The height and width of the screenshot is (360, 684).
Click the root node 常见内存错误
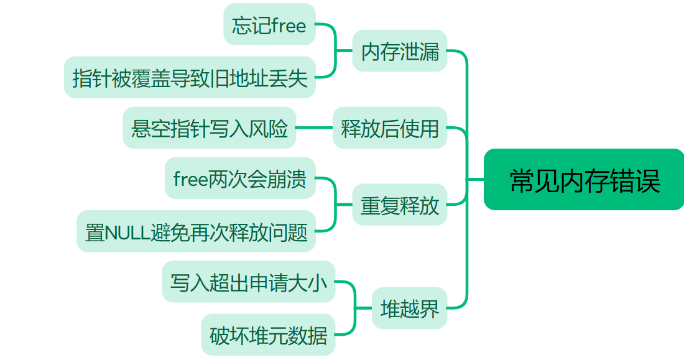tap(584, 180)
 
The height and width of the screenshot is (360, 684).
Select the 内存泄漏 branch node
tap(400, 51)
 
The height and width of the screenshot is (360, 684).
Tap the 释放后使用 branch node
tap(390, 128)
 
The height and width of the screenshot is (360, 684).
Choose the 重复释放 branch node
tap(400, 205)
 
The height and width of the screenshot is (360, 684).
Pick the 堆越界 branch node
tap(409, 308)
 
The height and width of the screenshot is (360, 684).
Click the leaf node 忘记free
tap(269, 25)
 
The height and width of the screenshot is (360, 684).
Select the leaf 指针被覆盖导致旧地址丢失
tap(190, 78)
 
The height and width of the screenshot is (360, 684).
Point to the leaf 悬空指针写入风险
tap(210, 128)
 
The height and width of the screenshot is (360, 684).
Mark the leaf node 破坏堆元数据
tap(268, 335)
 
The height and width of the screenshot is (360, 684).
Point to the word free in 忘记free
tap(289, 25)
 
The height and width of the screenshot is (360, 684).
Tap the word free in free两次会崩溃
tap(190, 179)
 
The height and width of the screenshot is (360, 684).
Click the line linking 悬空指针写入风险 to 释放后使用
tap(314, 128)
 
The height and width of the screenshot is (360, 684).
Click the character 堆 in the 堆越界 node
tap(390, 308)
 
